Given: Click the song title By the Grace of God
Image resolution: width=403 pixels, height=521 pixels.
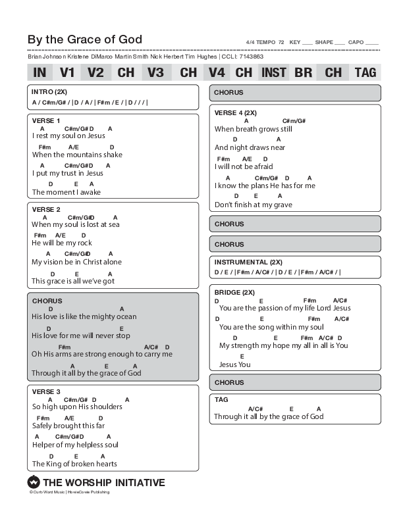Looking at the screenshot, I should coord(84,39).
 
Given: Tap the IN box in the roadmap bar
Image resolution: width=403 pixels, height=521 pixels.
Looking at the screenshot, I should coord(40,72).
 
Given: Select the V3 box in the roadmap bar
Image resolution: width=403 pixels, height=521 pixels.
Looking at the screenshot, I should coord(155,72).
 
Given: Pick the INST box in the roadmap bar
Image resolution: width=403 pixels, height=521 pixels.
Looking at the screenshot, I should coord(273,72).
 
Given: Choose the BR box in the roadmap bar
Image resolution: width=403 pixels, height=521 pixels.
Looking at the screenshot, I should coord(303,72).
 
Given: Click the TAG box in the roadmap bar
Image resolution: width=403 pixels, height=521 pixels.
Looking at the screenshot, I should coord(365,72).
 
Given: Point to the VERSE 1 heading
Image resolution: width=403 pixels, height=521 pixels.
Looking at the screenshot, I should coord(46,120).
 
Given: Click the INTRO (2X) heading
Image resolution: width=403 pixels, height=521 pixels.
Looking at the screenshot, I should coord(49,91).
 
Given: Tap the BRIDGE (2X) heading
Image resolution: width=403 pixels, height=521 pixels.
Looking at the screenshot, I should coord(234,291).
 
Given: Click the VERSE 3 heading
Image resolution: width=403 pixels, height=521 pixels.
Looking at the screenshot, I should coord(46,391).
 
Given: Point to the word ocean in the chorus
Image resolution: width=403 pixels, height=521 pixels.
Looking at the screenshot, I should coord(125,317).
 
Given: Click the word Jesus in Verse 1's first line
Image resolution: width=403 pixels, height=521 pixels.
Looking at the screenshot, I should coord(95,136).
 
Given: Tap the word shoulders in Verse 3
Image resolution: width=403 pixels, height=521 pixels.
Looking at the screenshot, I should coord(106,407).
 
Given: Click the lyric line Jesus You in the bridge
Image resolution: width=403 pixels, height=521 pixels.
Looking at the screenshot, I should coord(234,364).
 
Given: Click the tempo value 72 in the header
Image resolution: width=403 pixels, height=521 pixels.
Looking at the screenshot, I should coord(281,42).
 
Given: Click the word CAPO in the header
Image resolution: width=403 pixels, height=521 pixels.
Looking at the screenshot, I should coord(356,42).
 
